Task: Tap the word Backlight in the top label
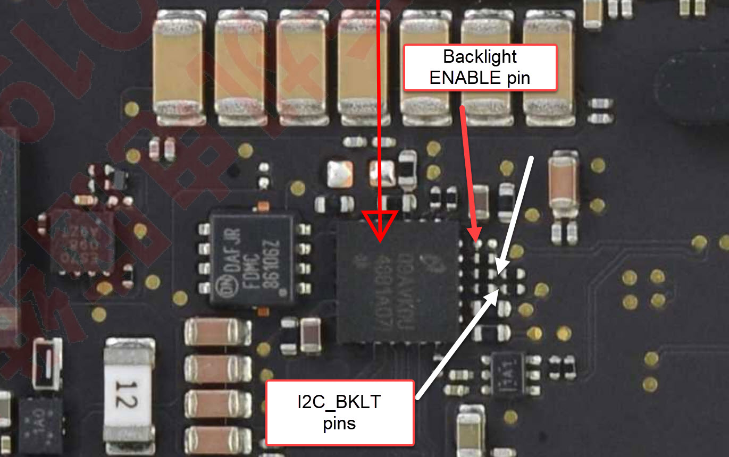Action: [x=480, y=56]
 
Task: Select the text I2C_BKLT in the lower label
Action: [x=339, y=403]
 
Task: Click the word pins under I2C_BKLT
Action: [x=339, y=424]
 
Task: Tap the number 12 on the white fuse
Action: [x=128, y=393]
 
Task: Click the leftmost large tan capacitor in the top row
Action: [x=178, y=69]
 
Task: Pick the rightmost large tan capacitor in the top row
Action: [x=549, y=69]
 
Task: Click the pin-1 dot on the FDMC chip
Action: [x=286, y=291]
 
